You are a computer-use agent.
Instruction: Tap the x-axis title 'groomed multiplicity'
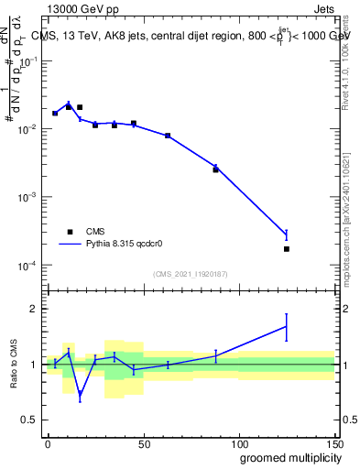287,457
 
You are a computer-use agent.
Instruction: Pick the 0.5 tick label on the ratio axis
30,420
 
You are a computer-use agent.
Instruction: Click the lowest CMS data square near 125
286,249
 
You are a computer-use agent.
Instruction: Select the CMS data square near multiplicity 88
215,169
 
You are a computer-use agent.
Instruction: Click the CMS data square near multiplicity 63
168,136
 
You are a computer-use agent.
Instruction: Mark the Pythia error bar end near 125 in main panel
286,230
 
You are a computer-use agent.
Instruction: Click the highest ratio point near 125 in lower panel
286,326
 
